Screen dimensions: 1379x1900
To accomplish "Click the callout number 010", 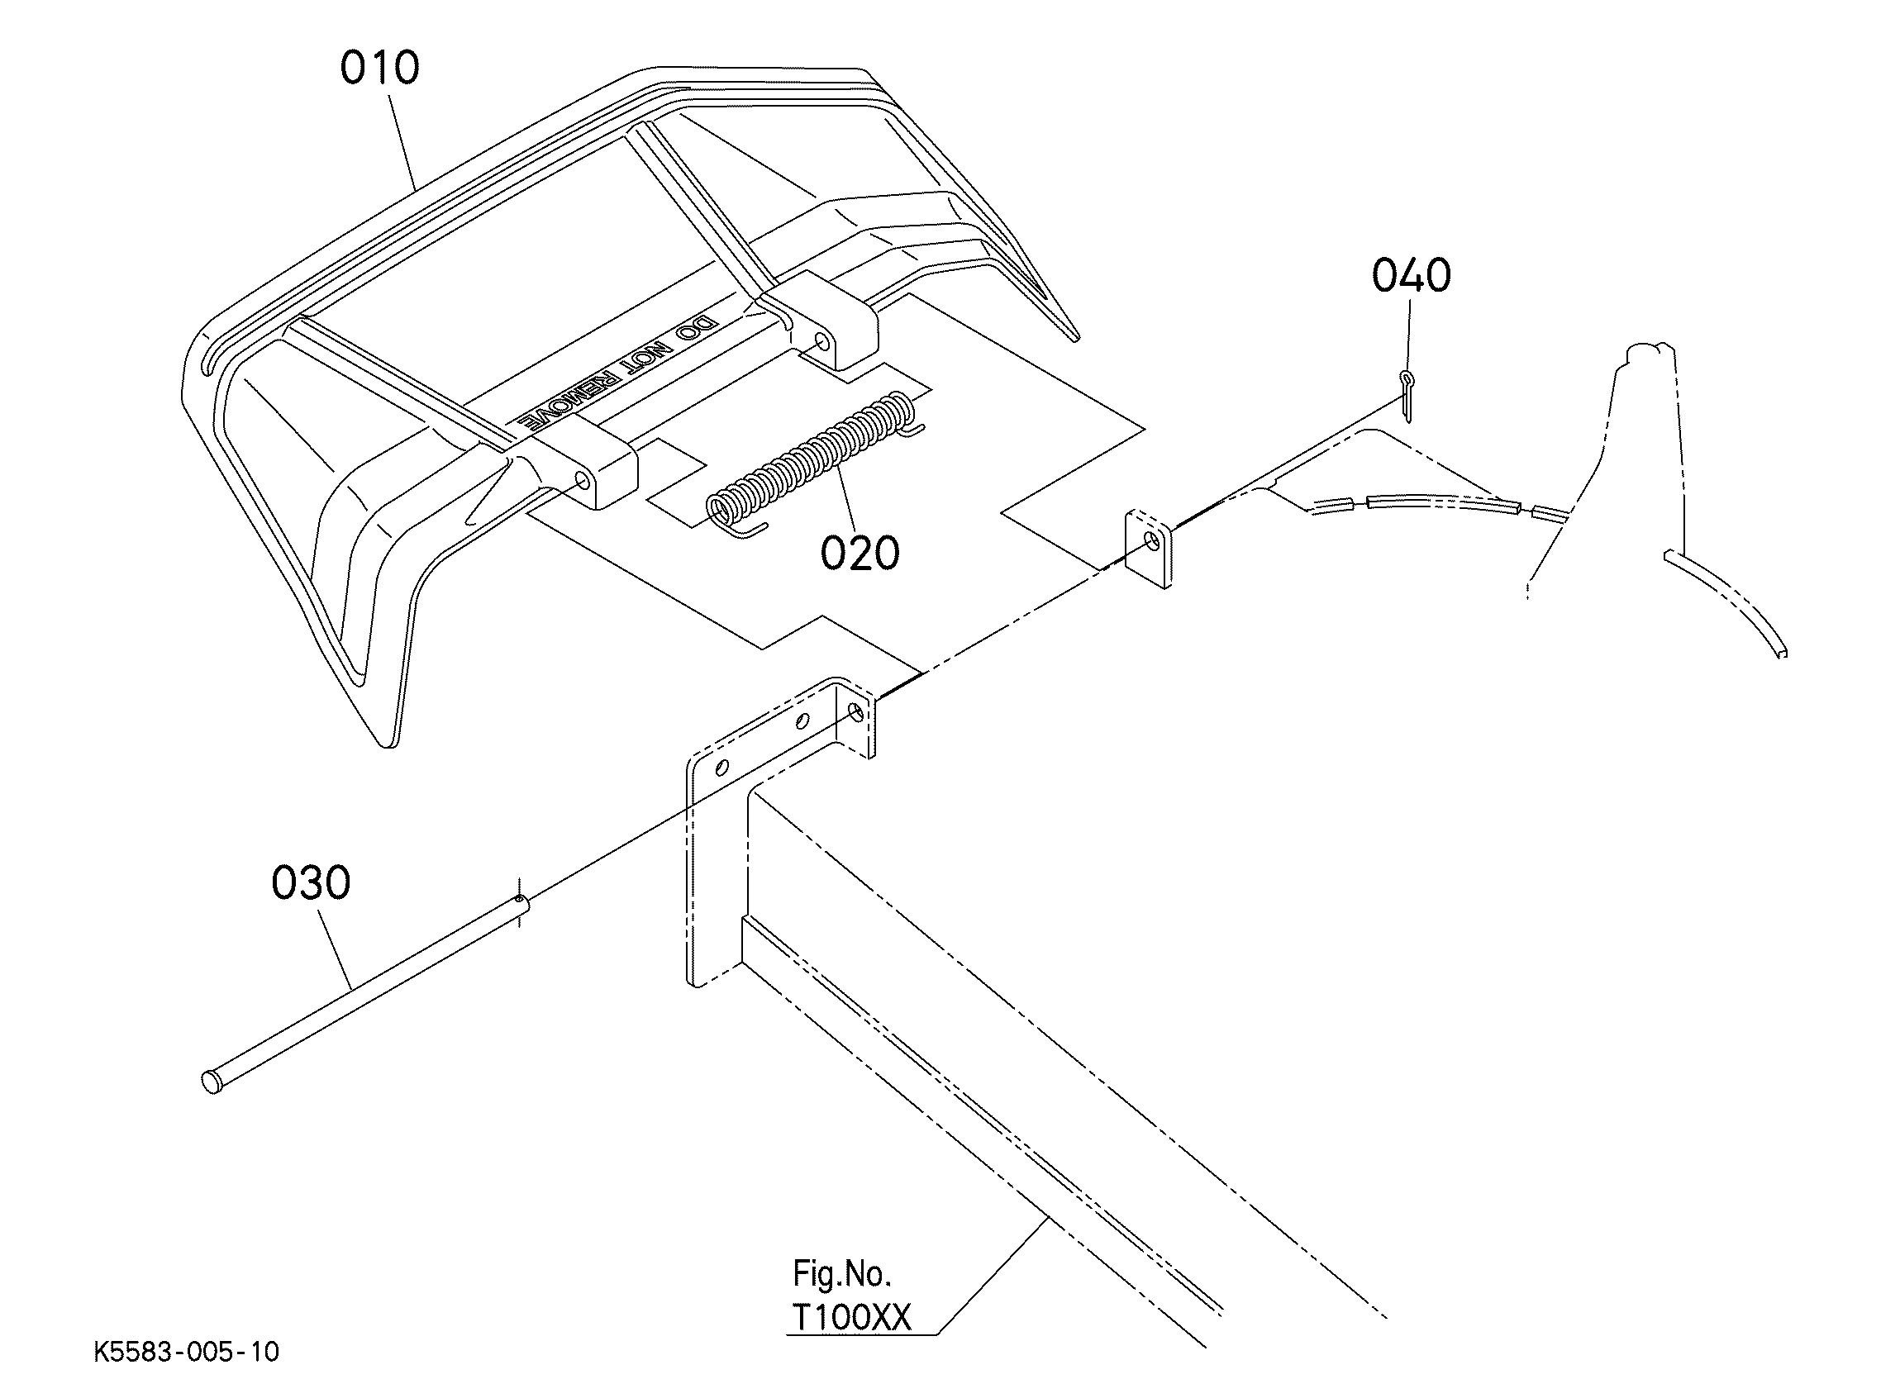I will [x=379, y=68].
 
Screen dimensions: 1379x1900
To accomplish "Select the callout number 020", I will [x=860, y=553].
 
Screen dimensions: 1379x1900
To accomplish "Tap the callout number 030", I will [x=311, y=884].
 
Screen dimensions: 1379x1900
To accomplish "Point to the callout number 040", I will [x=1411, y=276].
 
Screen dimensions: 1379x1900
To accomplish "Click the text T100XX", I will [x=850, y=1319].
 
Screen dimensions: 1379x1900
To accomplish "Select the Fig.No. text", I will [x=841, y=1274].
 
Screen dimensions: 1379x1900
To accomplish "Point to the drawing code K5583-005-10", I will [x=186, y=1352].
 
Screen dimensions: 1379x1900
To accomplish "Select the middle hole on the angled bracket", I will [x=802, y=720].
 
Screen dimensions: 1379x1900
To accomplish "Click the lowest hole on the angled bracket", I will [x=722, y=766].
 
